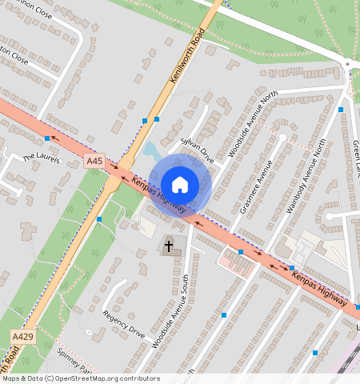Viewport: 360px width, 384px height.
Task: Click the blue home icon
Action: click(180, 184)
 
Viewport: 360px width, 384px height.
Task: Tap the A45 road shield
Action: click(94, 162)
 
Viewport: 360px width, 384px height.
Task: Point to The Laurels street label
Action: click(41, 158)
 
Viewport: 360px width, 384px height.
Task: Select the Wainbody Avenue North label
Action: click(306, 176)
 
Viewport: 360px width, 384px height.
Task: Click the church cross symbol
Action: click(170, 244)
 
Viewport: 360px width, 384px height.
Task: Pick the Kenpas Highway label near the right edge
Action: click(319, 289)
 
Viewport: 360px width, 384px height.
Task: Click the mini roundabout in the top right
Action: click(347, 63)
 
